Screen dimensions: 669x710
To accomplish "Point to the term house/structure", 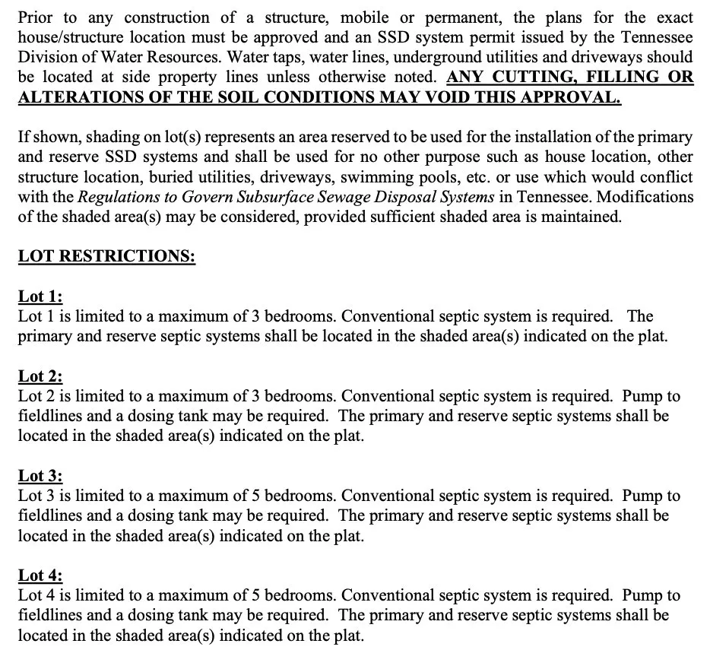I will [76, 37].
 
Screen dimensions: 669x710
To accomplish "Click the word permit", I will [514, 37].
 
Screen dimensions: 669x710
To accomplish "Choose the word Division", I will [48, 57].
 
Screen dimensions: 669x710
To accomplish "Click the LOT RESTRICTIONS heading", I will [106, 256].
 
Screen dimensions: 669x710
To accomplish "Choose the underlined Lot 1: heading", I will [40, 296].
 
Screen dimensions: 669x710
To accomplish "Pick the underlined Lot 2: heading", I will [40, 376].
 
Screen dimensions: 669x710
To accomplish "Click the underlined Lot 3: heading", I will [40, 476].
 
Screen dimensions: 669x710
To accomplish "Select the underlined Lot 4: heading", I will [40, 575].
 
